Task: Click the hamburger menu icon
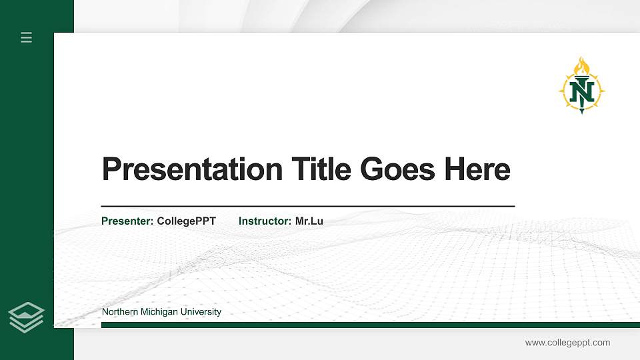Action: [x=27, y=37]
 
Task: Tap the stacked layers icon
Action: [x=27, y=317]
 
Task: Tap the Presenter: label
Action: [x=127, y=221]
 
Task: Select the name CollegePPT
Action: [x=186, y=221]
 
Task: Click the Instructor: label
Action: [x=265, y=221]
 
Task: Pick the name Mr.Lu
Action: [x=309, y=221]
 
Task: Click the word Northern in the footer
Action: [x=120, y=312]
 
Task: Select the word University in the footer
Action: [x=201, y=312]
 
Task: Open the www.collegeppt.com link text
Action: [x=567, y=343]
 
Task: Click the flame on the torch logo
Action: [x=582, y=66]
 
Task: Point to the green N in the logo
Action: [x=582, y=89]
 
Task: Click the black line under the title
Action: [x=307, y=206]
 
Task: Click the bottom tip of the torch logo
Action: [x=582, y=111]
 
